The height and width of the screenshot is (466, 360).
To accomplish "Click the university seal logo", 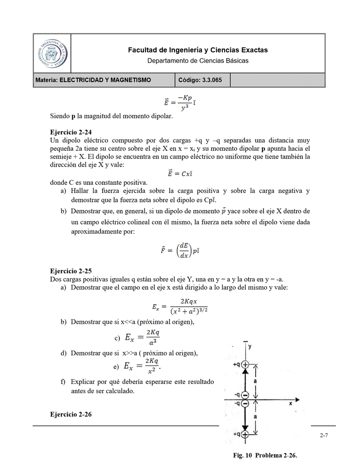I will click(x=52, y=52).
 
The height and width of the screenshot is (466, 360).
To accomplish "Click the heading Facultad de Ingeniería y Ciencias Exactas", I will click(x=197, y=50).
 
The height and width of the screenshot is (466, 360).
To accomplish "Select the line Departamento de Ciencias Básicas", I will click(x=197, y=61).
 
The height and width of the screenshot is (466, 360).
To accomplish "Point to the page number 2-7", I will click(x=324, y=436).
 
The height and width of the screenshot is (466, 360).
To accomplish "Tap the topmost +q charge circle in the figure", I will click(x=245, y=365).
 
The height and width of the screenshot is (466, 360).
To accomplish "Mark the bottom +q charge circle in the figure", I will click(x=245, y=434).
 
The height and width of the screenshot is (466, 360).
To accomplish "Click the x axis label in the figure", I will click(x=290, y=403).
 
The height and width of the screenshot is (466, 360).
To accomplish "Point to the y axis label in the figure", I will click(x=250, y=347).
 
